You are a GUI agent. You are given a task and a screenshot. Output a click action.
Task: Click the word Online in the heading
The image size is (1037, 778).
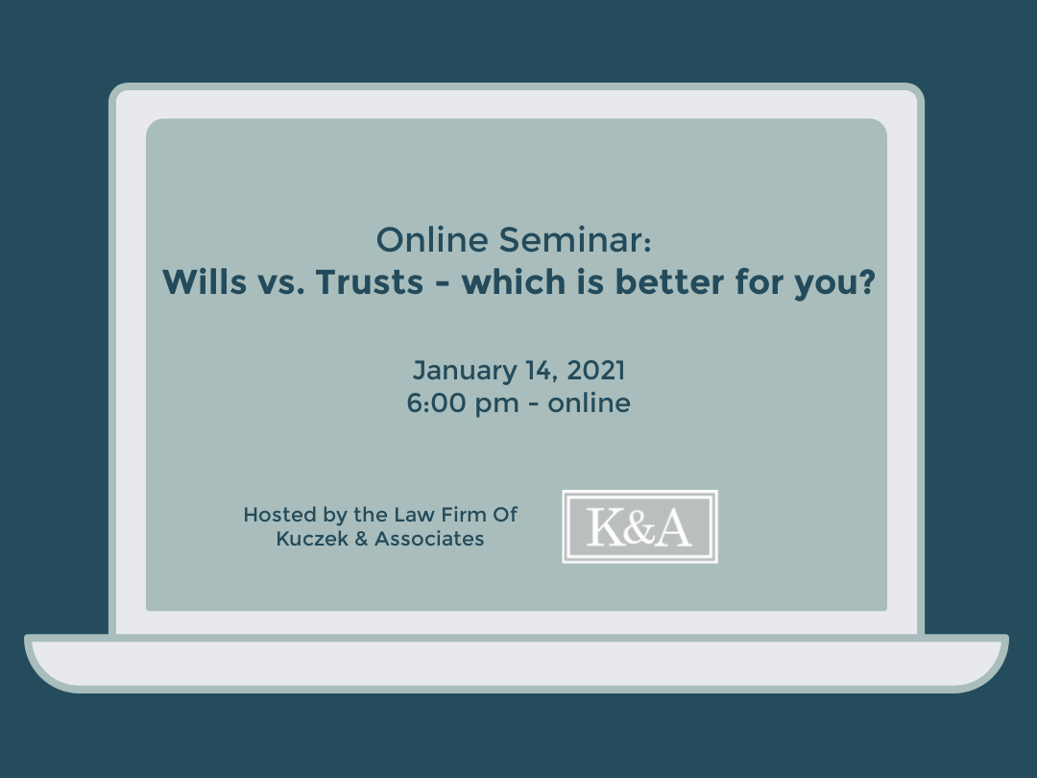[432, 239]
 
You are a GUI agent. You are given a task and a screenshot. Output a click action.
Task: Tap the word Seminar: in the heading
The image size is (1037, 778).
[575, 239]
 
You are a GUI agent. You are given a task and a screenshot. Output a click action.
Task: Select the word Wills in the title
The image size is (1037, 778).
[205, 281]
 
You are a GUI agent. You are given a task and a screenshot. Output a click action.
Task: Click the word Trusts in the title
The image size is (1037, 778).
[369, 281]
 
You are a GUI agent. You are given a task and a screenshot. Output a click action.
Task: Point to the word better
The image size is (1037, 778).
[669, 281]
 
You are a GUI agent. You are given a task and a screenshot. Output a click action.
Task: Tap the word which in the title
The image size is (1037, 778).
[514, 281]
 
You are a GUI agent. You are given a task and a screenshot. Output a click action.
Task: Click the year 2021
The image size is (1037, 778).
[596, 371]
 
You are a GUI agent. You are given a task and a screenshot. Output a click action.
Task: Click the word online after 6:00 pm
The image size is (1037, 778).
[590, 402]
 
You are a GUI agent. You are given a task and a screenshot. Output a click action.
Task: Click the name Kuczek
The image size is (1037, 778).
[312, 539]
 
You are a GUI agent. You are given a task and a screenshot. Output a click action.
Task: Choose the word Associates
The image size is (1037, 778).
[429, 539]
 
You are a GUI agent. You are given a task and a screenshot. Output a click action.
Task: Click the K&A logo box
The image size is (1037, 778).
[639, 526]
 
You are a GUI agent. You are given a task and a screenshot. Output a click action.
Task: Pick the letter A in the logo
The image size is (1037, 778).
[673, 527]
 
